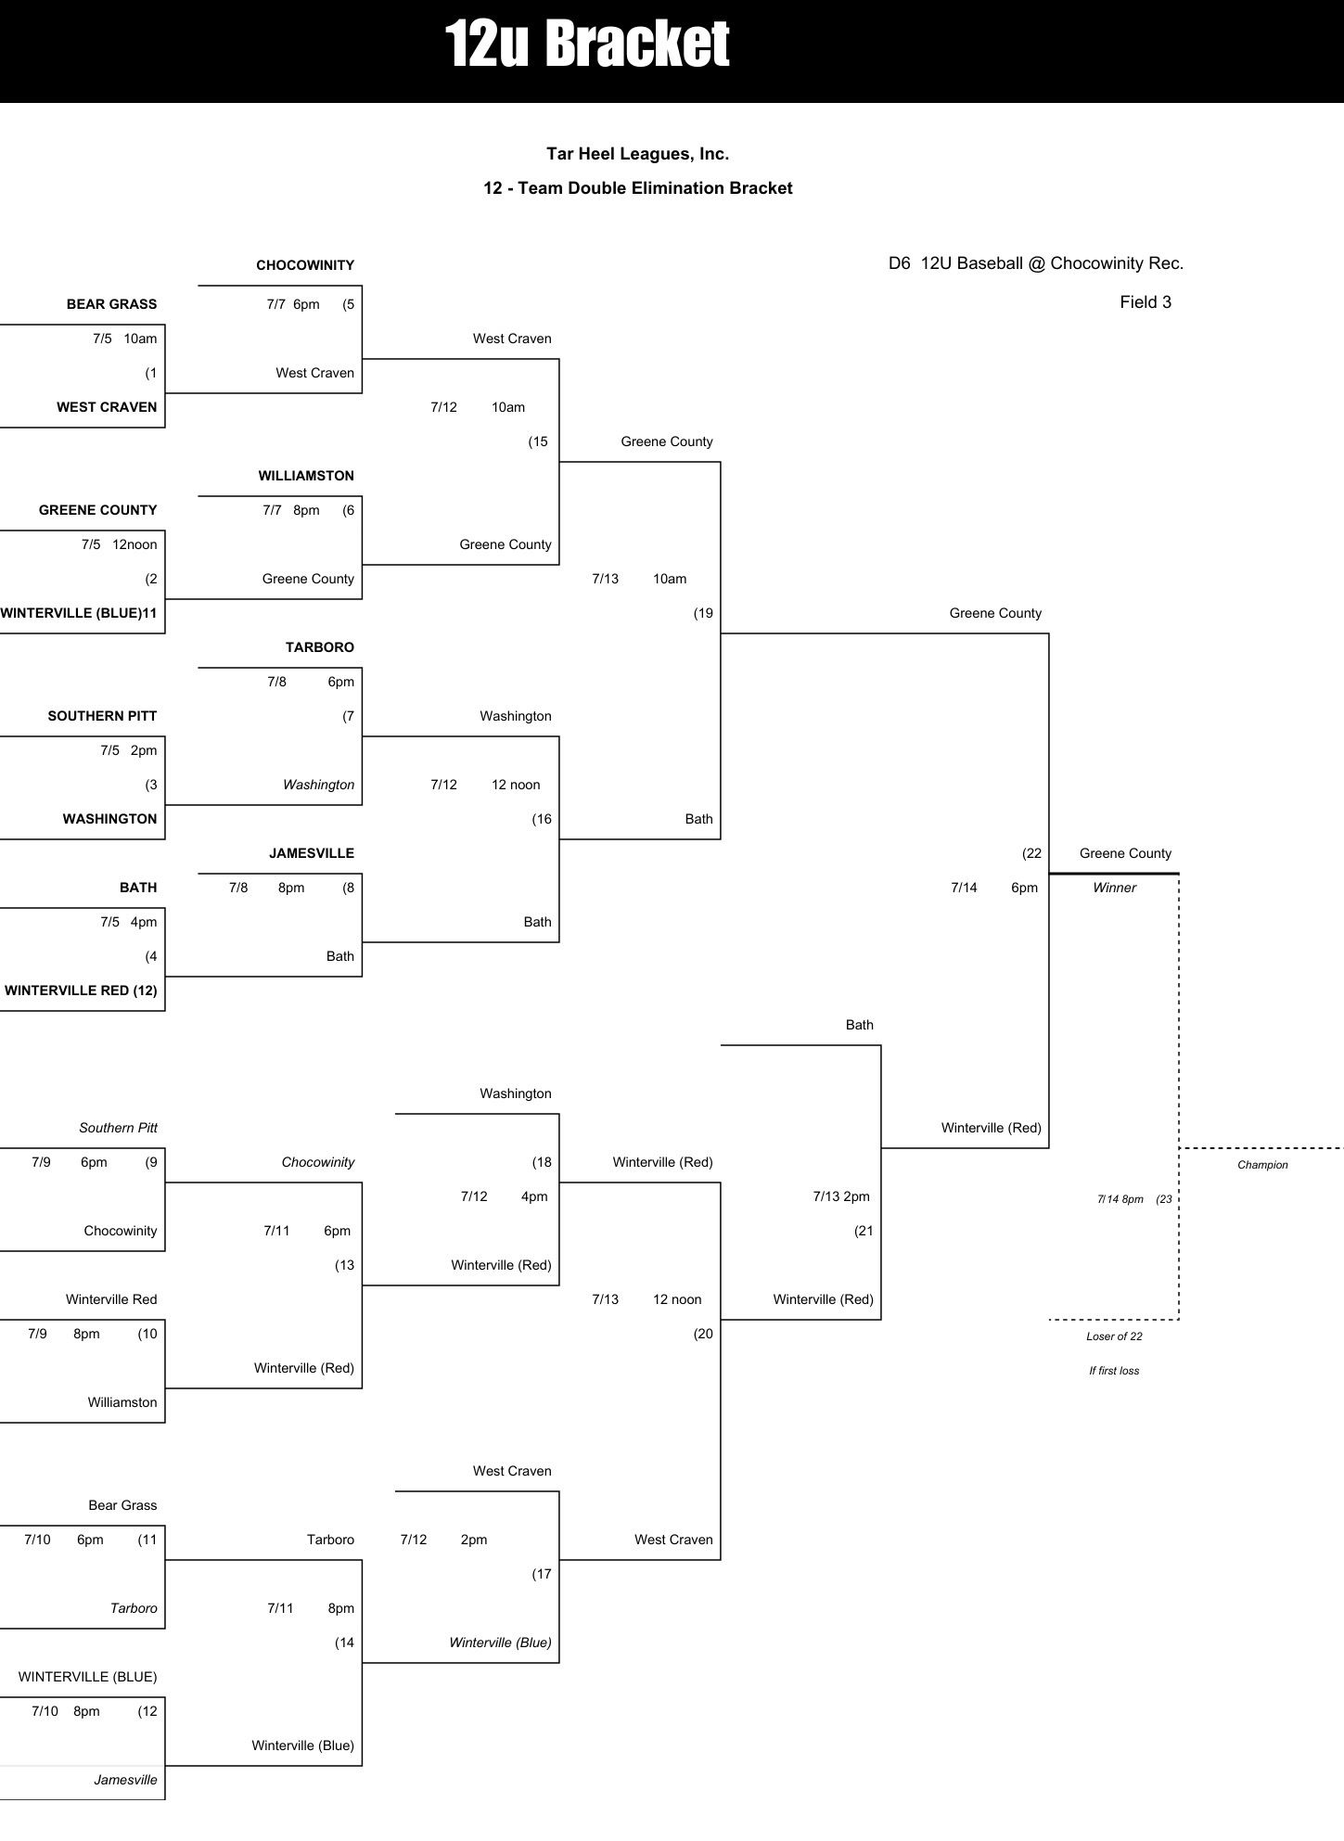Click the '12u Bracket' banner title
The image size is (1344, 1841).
tap(587, 45)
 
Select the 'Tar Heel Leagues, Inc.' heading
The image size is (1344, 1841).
tap(637, 154)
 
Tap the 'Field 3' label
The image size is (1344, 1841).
tap(1146, 302)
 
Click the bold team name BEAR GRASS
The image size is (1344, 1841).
tap(111, 304)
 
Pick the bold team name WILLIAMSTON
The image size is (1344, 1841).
tap(306, 476)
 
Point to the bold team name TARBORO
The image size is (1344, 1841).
tap(320, 647)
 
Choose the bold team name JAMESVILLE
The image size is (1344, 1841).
tap(312, 853)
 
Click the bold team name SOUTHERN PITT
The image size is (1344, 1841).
tap(102, 716)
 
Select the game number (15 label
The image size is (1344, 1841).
tap(538, 441)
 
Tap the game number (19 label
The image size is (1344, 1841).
tap(703, 613)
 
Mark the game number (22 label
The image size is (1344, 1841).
tap(1031, 853)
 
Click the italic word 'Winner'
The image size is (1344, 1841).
tap(1114, 888)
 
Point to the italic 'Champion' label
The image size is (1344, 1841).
tap(1262, 1165)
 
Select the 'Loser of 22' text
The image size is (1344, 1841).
tap(1114, 1336)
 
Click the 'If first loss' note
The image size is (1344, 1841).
tap(1114, 1371)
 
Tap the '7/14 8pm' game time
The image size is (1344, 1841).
tap(1120, 1199)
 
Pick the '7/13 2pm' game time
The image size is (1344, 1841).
tap(841, 1196)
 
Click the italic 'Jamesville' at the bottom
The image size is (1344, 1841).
tap(125, 1780)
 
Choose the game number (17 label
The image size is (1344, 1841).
tap(542, 1574)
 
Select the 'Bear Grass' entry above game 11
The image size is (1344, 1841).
tap(122, 1505)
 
